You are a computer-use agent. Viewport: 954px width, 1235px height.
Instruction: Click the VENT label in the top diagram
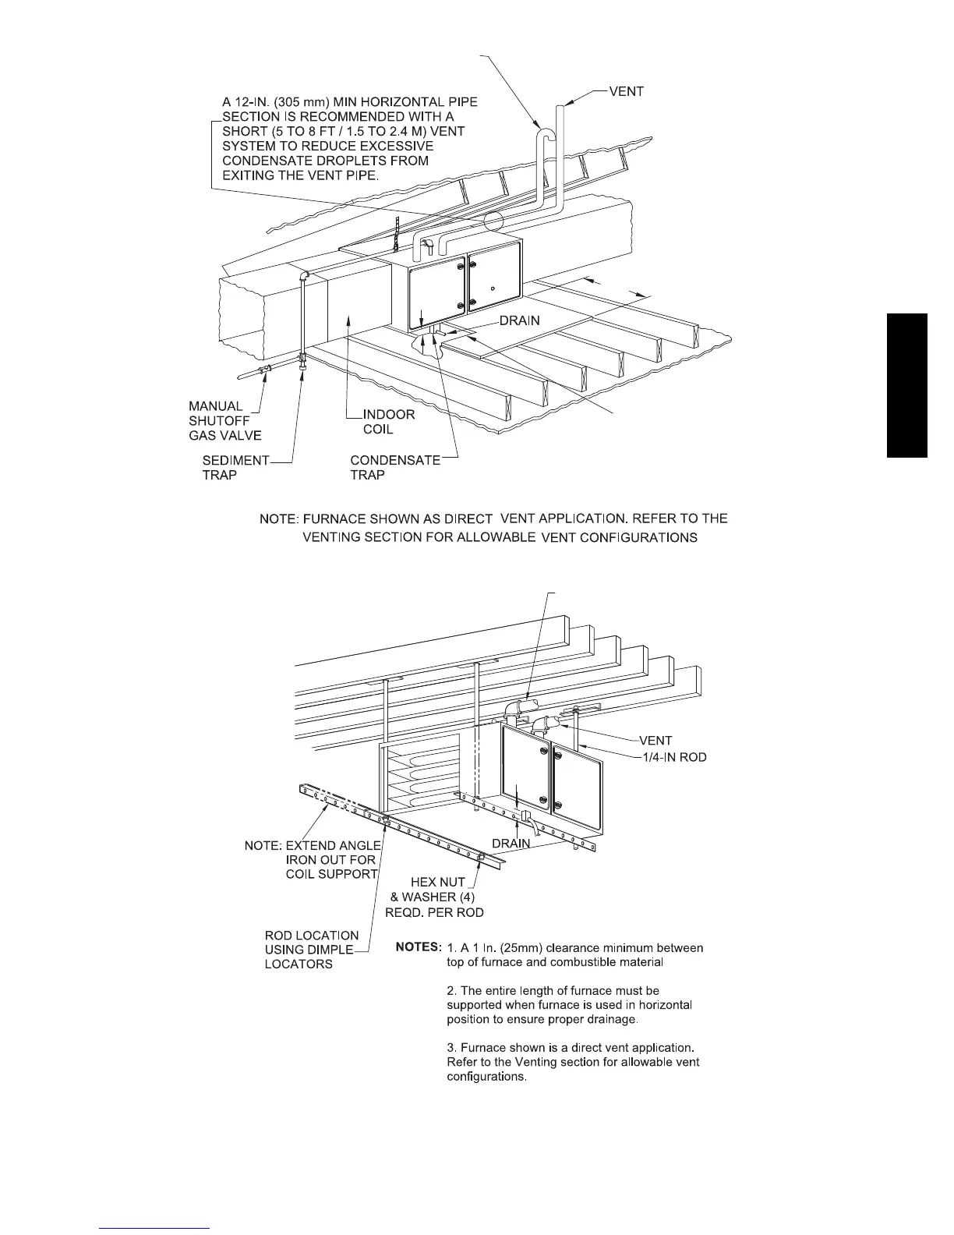626,92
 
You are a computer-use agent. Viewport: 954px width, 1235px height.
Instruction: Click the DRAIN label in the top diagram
519,320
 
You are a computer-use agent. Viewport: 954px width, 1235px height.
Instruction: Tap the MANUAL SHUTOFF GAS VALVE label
224,421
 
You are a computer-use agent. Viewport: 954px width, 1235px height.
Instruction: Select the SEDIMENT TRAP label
235,468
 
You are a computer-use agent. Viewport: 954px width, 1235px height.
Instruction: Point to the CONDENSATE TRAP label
394,468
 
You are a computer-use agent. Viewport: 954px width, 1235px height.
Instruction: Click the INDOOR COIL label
389,422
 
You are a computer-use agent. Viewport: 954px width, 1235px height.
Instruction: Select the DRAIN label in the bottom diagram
511,843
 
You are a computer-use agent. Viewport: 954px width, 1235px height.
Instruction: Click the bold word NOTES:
419,947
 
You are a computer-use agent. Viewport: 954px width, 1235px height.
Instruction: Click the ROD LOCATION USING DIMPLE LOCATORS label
311,950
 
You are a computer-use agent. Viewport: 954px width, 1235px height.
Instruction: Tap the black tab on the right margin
906,385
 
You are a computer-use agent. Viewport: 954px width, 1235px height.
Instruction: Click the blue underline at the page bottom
154,1228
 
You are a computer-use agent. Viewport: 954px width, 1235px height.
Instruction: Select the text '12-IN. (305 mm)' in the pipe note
270,101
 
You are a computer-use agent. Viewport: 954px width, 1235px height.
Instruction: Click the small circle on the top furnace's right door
493,288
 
